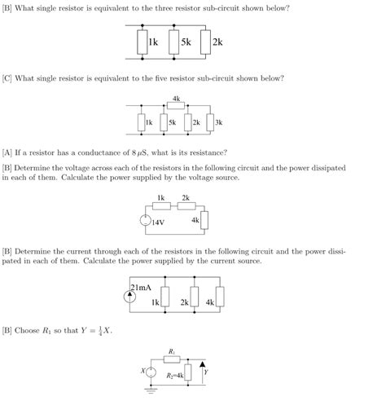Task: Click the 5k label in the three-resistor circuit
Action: coord(186,42)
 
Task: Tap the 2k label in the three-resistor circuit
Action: coord(217,42)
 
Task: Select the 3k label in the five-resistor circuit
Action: coord(218,123)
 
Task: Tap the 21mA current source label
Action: coord(142,287)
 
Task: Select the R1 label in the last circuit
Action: coord(172,352)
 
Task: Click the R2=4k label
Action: coord(174,376)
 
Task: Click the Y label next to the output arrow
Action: coord(206,372)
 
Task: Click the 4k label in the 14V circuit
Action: coord(195,220)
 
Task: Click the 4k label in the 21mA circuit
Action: coord(210,302)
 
